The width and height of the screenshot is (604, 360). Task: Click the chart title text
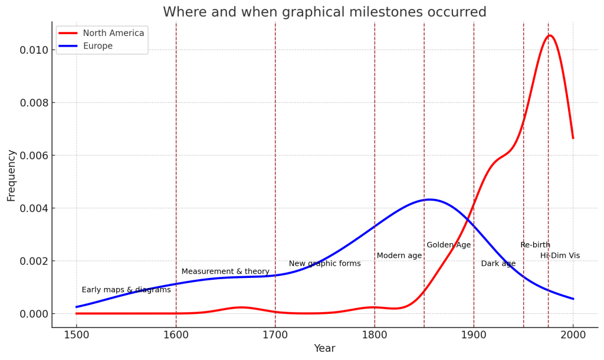pos(324,12)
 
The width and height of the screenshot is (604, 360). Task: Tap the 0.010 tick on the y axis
pos(33,50)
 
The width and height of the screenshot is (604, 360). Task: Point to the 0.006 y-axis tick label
pos(33,156)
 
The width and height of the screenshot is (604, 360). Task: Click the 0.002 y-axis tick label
pos(33,261)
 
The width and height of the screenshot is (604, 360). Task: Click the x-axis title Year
pos(324,349)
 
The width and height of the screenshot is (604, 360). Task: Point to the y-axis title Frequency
pos(11,175)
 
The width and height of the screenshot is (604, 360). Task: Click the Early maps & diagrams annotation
pos(126,290)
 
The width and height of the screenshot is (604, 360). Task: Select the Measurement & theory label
pos(225,271)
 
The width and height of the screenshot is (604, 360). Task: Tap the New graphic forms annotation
pos(324,264)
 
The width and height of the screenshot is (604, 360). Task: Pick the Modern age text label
pos(399,256)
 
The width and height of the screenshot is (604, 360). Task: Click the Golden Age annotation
pos(449,245)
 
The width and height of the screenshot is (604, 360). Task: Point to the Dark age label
pos(498,264)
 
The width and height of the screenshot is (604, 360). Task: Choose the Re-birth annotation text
pos(535,245)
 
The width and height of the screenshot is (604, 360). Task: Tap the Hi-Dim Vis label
pos(560,256)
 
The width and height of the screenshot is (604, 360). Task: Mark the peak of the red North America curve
pos(550,35)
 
